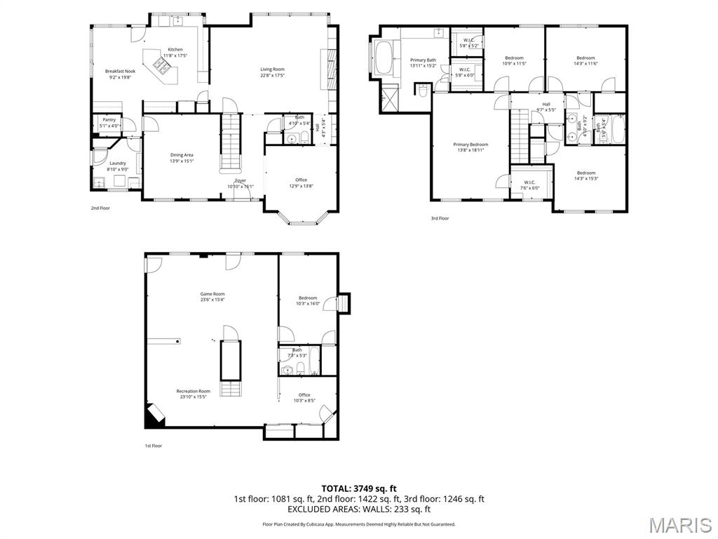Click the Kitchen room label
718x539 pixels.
(x=175, y=50)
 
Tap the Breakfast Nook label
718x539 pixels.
(x=120, y=72)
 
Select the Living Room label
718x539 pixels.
(x=272, y=69)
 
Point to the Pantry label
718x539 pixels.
(x=109, y=120)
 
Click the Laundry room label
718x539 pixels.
(x=118, y=164)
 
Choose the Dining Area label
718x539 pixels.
(x=182, y=155)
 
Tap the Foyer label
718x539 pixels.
(x=241, y=181)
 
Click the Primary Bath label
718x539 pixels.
(x=423, y=60)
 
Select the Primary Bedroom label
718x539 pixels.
(x=470, y=145)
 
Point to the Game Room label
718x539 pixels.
(x=212, y=294)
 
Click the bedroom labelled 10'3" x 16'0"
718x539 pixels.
(x=307, y=298)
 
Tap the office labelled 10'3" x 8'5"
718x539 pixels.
(x=304, y=395)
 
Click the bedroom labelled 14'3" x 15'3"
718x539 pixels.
(x=586, y=173)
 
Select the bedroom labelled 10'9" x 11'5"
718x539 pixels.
(x=514, y=58)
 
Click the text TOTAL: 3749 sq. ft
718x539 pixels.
(x=359, y=488)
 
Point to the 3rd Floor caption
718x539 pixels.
(x=440, y=218)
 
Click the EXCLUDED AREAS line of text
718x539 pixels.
(x=359, y=510)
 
